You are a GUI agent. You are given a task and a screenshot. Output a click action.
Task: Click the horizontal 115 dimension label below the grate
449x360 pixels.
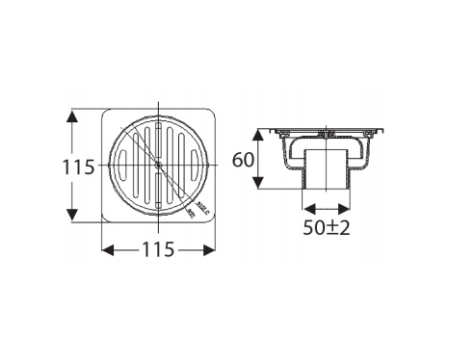point(158,250)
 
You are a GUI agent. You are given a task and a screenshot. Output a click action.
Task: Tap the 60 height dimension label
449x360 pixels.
point(244,160)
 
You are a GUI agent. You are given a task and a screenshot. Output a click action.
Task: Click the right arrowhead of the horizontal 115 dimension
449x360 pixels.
point(208,250)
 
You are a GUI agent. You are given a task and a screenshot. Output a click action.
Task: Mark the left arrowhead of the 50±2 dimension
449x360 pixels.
point(306,205)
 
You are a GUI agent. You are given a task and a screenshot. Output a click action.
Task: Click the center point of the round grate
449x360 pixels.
point(158,166)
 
